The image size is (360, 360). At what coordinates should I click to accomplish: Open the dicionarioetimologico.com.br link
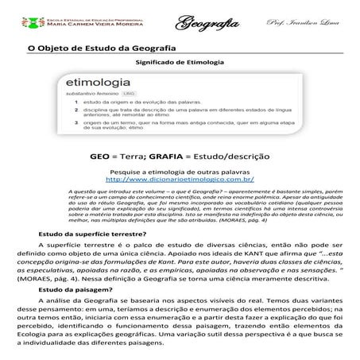(x=180, y=180)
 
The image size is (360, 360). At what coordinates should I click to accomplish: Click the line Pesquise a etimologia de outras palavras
(x=180, y=172)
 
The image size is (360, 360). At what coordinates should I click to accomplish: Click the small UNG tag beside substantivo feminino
(x=130, y=94)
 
